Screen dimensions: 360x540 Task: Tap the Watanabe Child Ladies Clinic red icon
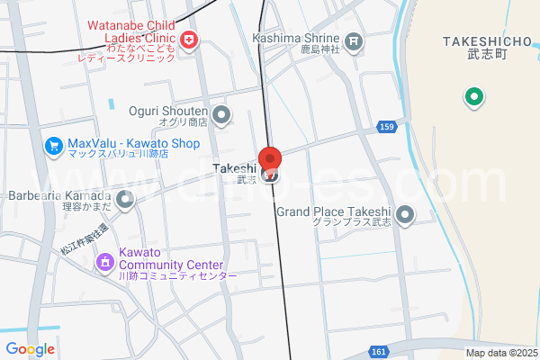coord(189,40)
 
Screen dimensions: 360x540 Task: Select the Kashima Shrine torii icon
coord(355,40)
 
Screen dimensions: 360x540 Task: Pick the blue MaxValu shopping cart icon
coord(55,144)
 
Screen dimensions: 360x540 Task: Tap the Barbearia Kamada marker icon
coord(124,199)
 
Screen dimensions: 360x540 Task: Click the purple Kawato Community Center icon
coord(105,262)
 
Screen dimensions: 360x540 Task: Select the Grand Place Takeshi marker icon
coord(405,215)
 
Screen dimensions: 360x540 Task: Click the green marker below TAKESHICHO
coord(473,97)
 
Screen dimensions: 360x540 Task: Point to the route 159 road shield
coord(386,127)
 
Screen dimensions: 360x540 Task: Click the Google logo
coord(30,349)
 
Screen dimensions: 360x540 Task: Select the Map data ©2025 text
coord(500,353)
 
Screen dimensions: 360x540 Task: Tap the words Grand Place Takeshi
coord(333,211)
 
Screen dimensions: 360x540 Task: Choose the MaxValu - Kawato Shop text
coord(133,143)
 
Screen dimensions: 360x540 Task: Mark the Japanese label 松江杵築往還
coord(84,239)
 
